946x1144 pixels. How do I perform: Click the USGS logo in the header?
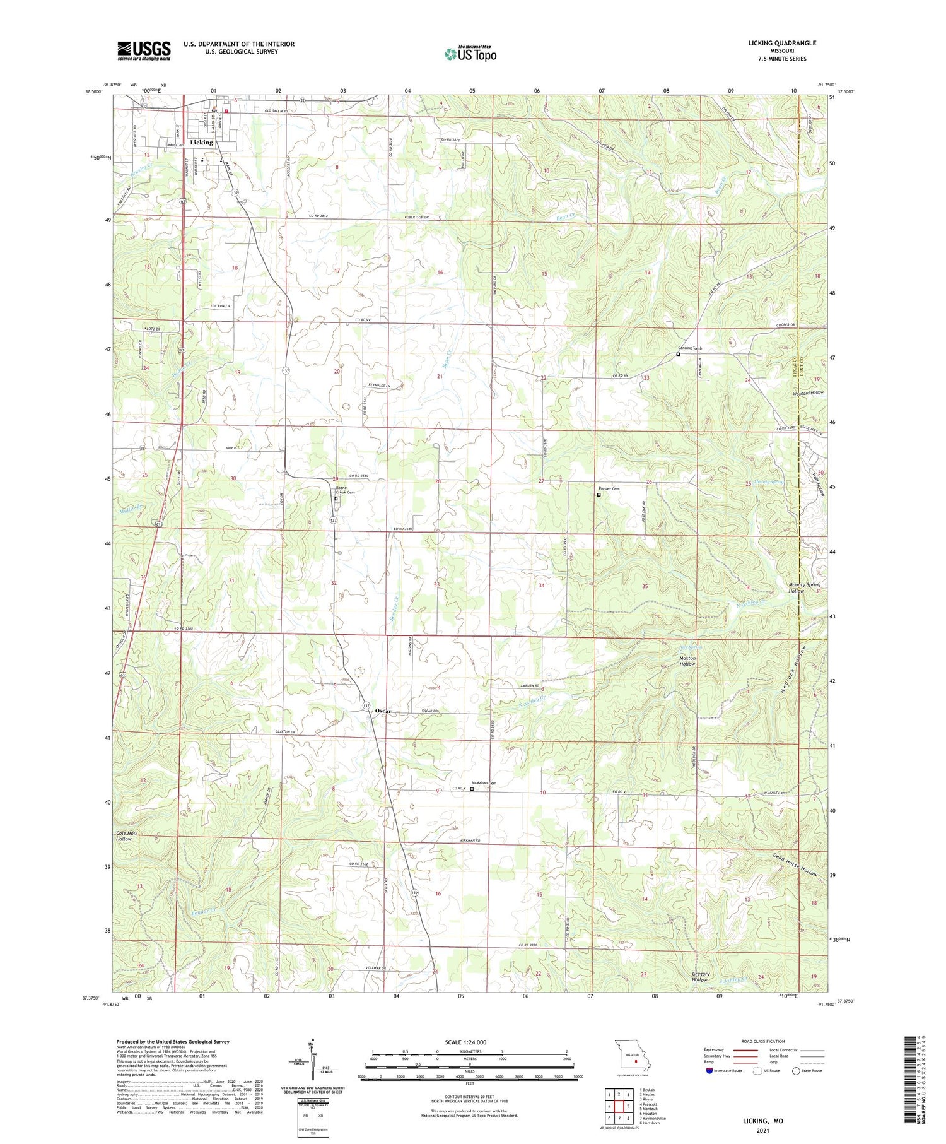tap(144, 50)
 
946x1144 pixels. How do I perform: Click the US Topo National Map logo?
tap(470, 54)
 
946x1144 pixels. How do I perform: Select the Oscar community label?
tap(383, 711)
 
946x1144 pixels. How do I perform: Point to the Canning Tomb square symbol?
tap(678, 354)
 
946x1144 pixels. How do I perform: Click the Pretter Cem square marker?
tap(599, 495)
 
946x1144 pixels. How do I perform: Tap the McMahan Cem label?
tap(484, 783)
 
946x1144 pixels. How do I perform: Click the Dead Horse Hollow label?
tap(795, 864)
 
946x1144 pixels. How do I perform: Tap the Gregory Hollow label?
tap(699, 977)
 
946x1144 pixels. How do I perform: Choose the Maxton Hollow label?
tap(687, 661)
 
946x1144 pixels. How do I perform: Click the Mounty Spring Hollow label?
tap(805, 587)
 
